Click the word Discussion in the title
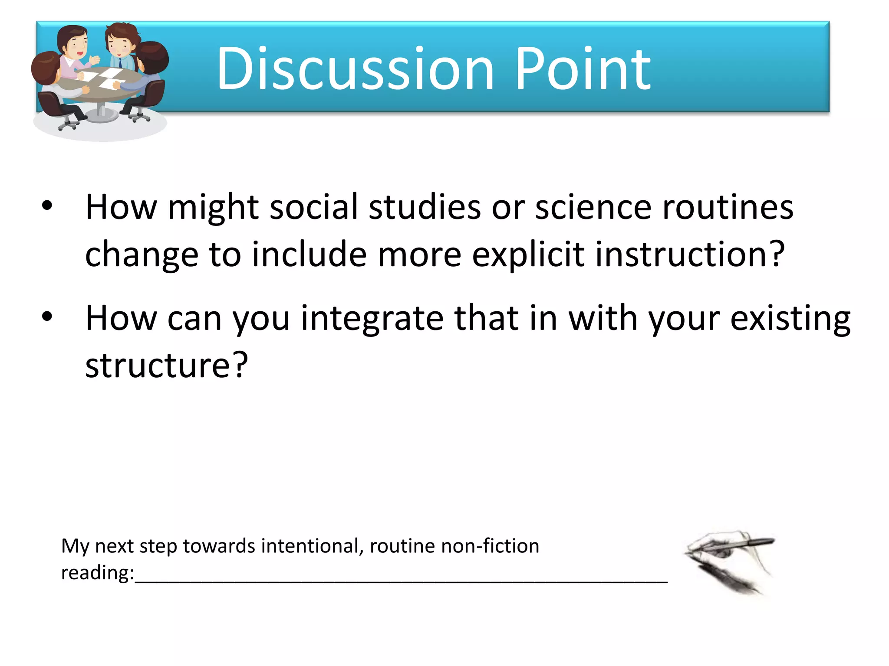[355, 69]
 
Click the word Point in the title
[583, 69]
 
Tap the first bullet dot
[47, 206]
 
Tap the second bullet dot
[47, 317]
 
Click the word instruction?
[690, 255]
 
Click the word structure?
[166, 366]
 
